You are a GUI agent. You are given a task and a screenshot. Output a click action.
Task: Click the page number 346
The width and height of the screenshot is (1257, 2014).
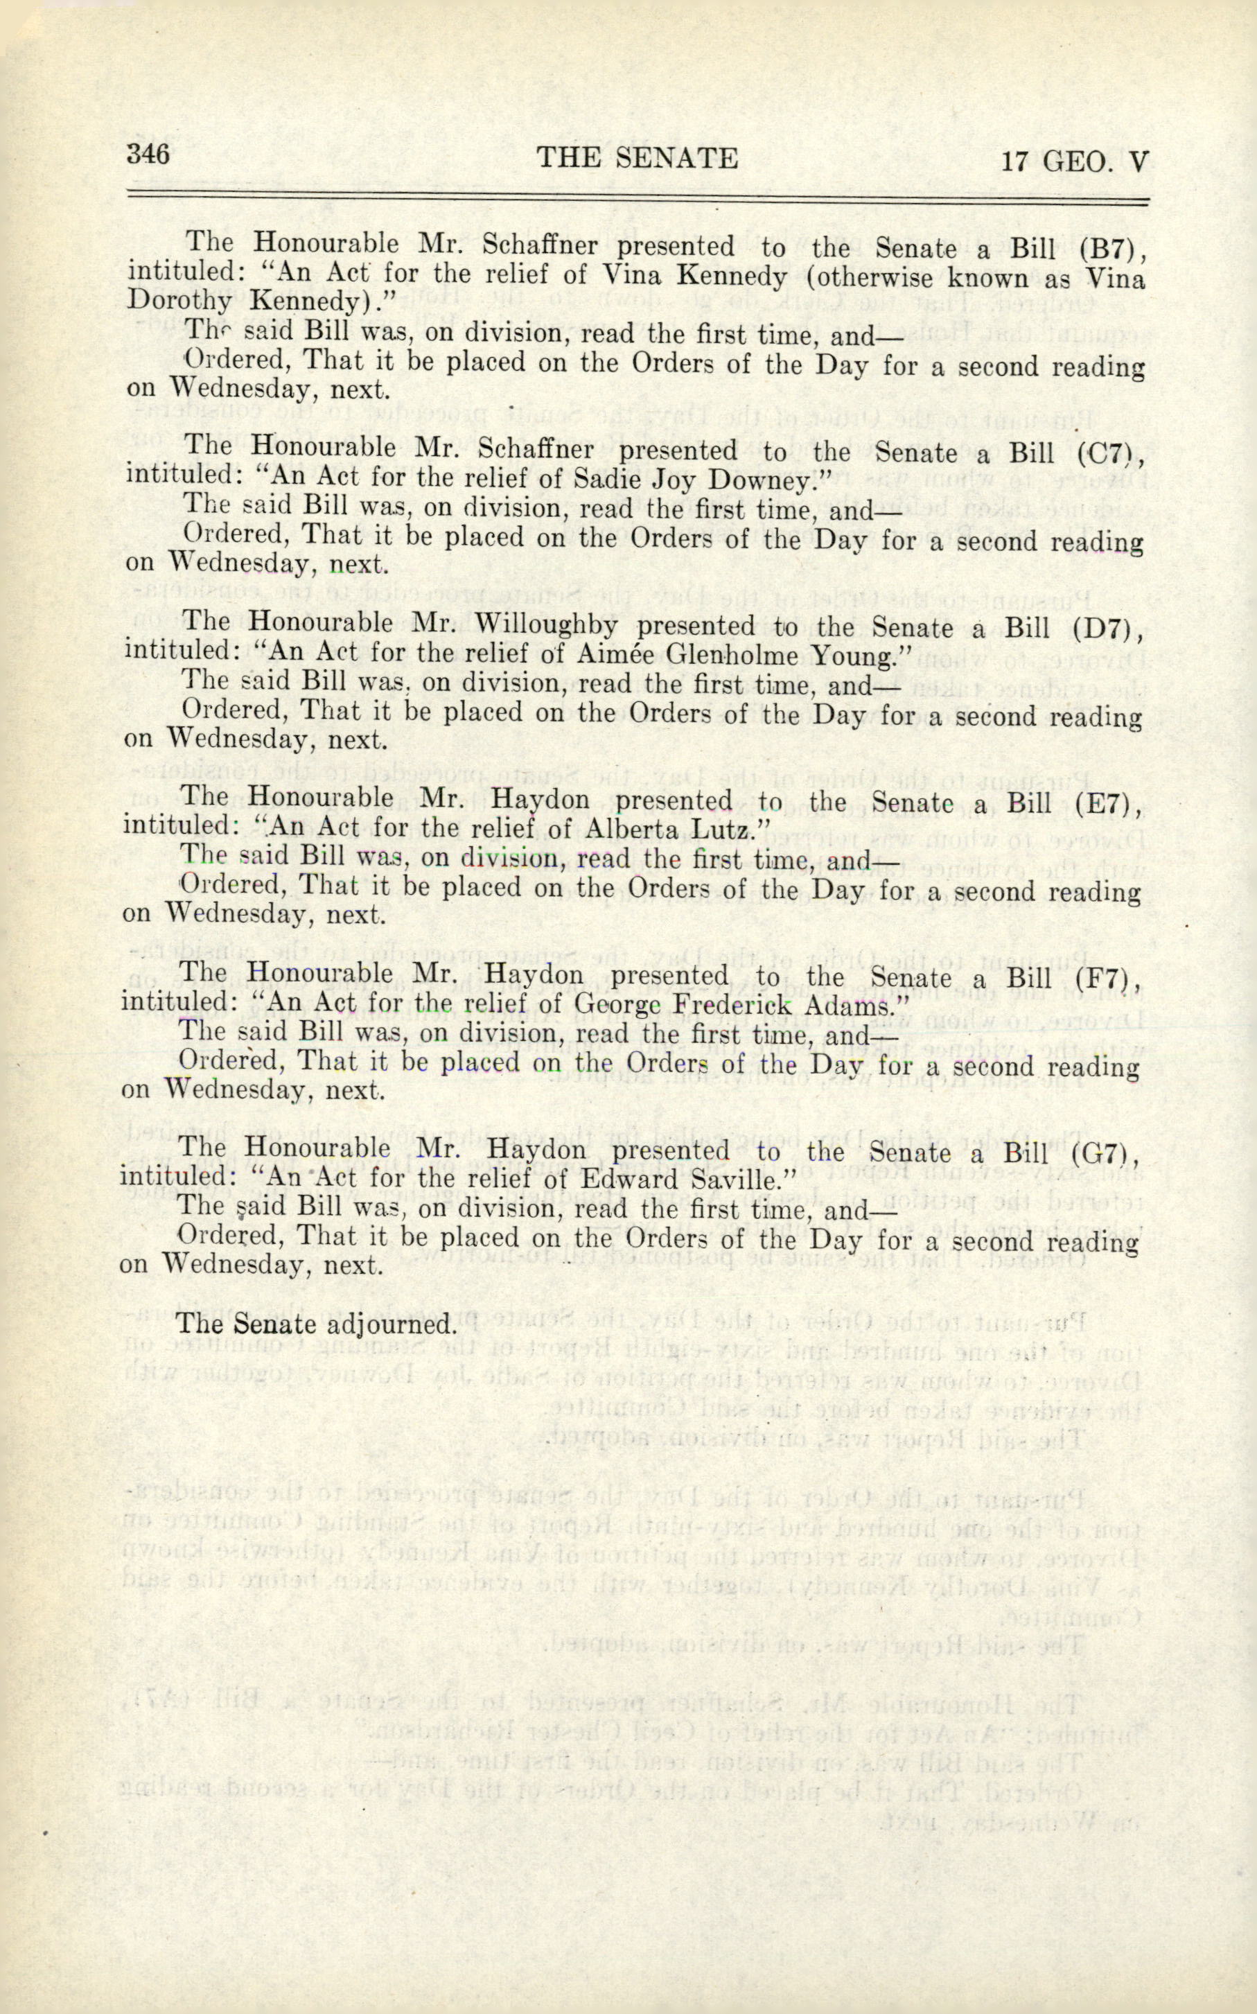pos(148,154)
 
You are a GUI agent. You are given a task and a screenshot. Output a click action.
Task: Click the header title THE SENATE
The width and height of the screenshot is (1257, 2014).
pos(637,158)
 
